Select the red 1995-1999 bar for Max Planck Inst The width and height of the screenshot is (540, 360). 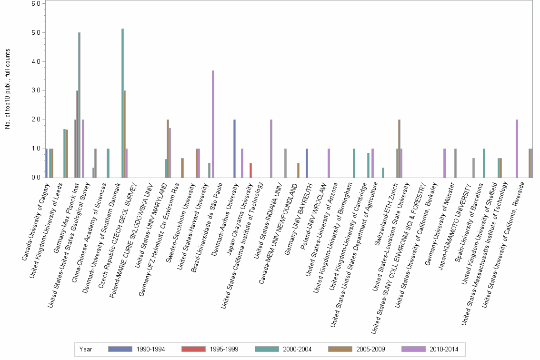77,134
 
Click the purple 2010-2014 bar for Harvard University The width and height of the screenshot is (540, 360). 213,124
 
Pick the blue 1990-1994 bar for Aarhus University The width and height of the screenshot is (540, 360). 234,149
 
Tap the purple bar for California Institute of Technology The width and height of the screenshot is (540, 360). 271,149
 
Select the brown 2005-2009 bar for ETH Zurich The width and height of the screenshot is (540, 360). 399,149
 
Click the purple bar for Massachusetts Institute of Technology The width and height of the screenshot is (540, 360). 517,149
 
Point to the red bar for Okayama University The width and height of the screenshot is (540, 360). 251,170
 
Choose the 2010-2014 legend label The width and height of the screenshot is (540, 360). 443,349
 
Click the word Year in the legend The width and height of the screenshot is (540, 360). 86,349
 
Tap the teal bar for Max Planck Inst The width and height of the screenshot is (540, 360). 80,105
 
